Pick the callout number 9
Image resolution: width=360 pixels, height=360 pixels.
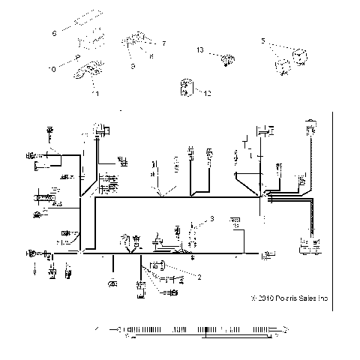132,66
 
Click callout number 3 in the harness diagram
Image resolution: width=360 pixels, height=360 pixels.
212,218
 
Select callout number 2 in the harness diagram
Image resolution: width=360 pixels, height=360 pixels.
199,277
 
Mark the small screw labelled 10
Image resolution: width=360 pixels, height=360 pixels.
77,57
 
